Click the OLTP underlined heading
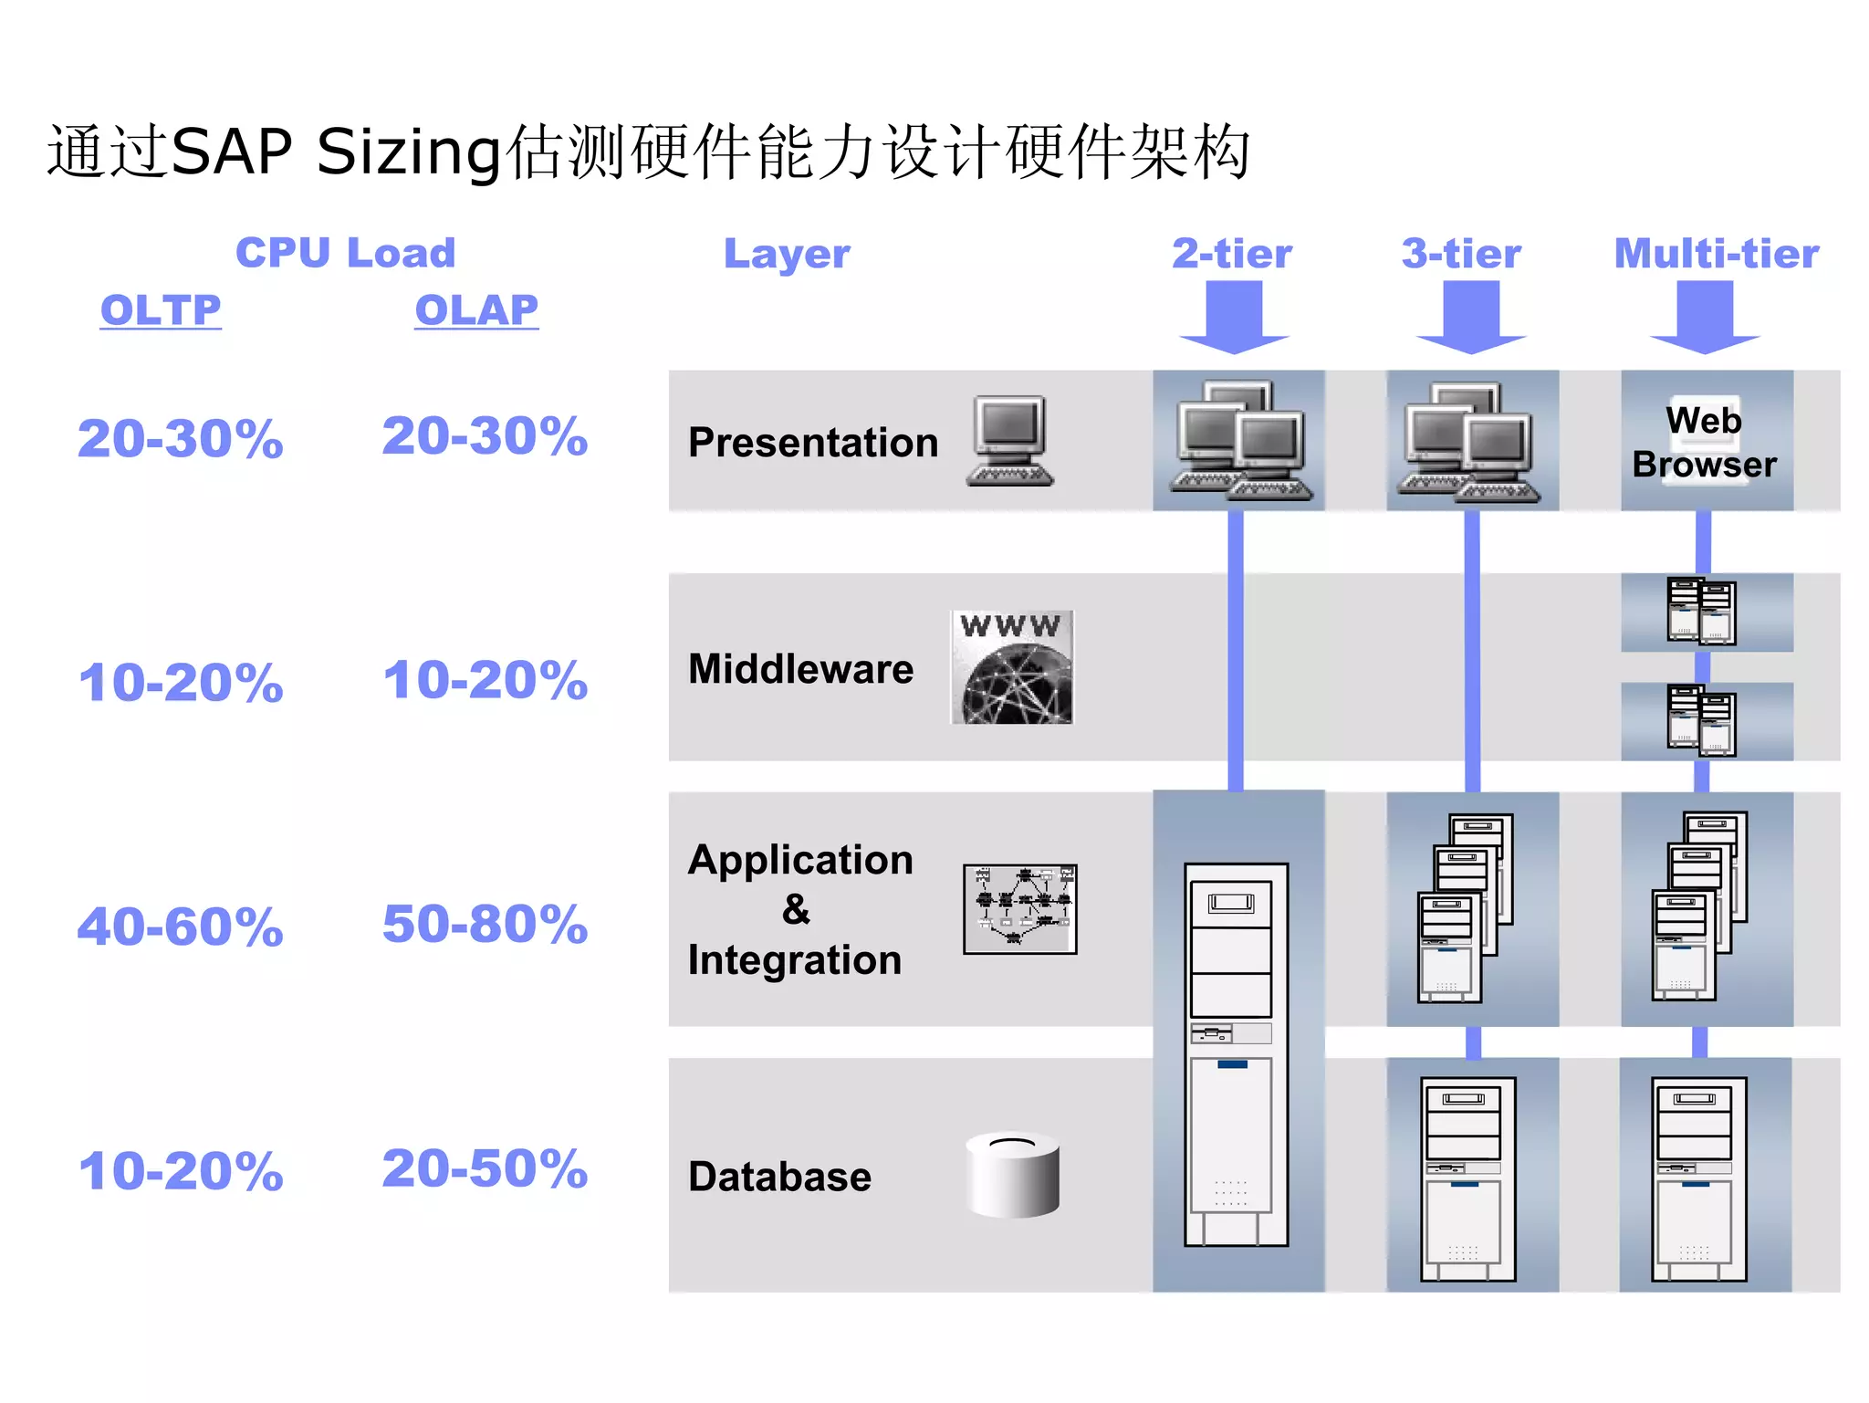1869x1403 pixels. [x=161, y=310]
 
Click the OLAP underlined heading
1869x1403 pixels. [x=476, y=310]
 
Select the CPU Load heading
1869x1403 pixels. [x=345, y=253]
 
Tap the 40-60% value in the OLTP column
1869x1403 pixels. [x=181, y=927]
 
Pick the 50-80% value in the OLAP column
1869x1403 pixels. [x=485, y=924]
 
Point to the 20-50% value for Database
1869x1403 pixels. [x=485, y=1168]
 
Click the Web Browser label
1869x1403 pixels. [x=1704, y=443]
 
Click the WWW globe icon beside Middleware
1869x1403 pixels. [x=1012, y=667]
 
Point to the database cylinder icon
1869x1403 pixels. [x=1012, y=1175]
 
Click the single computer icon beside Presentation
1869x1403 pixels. [x=1009, y=441]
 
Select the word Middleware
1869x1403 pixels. [x=800, y=669]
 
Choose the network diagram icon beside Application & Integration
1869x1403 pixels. [x=1019, y=909]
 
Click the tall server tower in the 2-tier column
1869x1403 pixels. [x=1236, y=1054]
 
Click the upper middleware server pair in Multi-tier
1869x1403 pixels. [x=1701, y=611]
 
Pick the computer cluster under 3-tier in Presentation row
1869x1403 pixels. [x=1469, y=443]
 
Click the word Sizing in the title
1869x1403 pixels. [x=409, y=152]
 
